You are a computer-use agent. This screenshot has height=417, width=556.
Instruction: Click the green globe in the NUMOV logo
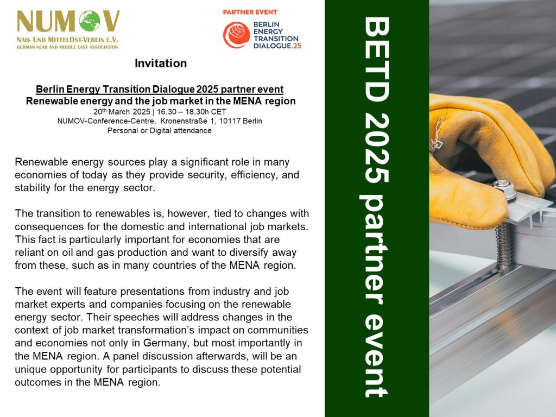pos(90,21)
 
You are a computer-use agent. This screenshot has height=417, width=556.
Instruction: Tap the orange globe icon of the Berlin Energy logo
pos(237,35)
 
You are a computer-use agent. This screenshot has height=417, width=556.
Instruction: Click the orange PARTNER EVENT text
pos(250,12)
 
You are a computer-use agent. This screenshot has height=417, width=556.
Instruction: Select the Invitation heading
pos(161,63)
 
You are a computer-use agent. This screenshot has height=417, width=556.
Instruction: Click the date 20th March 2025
pos(122,111)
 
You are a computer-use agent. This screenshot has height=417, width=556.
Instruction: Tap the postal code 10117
pos(230,121)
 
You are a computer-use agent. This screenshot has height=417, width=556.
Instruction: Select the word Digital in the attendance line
pos(160,130)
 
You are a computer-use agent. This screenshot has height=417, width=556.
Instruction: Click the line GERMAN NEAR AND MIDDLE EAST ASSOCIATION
pos(67,47)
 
